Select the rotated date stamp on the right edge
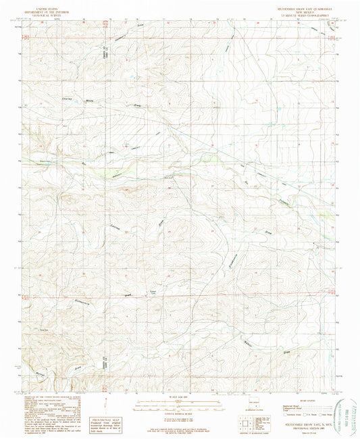(351, 405)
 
